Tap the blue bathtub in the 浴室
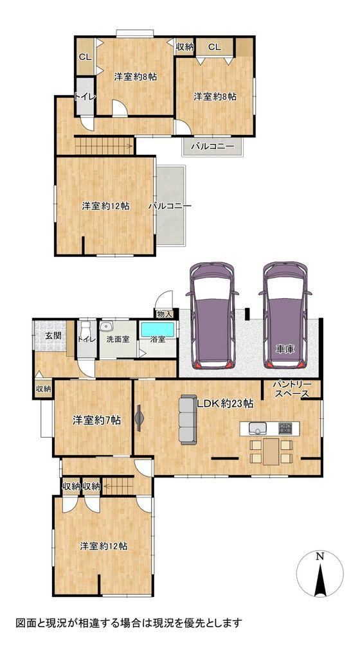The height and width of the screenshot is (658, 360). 157,330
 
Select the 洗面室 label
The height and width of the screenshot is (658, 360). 118,339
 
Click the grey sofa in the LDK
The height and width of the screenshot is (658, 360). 188,419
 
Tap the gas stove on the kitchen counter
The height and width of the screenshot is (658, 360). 286,429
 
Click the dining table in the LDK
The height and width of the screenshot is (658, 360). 271,452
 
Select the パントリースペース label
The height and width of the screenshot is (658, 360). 292,389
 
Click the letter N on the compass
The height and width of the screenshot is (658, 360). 320,557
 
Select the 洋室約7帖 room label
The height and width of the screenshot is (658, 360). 96,420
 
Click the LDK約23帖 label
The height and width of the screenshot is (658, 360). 225,404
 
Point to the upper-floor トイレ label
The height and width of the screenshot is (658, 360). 85,96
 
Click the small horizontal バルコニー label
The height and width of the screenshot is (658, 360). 213,147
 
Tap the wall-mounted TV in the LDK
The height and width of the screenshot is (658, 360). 139,418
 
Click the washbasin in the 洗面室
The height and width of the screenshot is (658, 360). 107,326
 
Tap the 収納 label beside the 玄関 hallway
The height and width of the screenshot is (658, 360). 43,389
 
